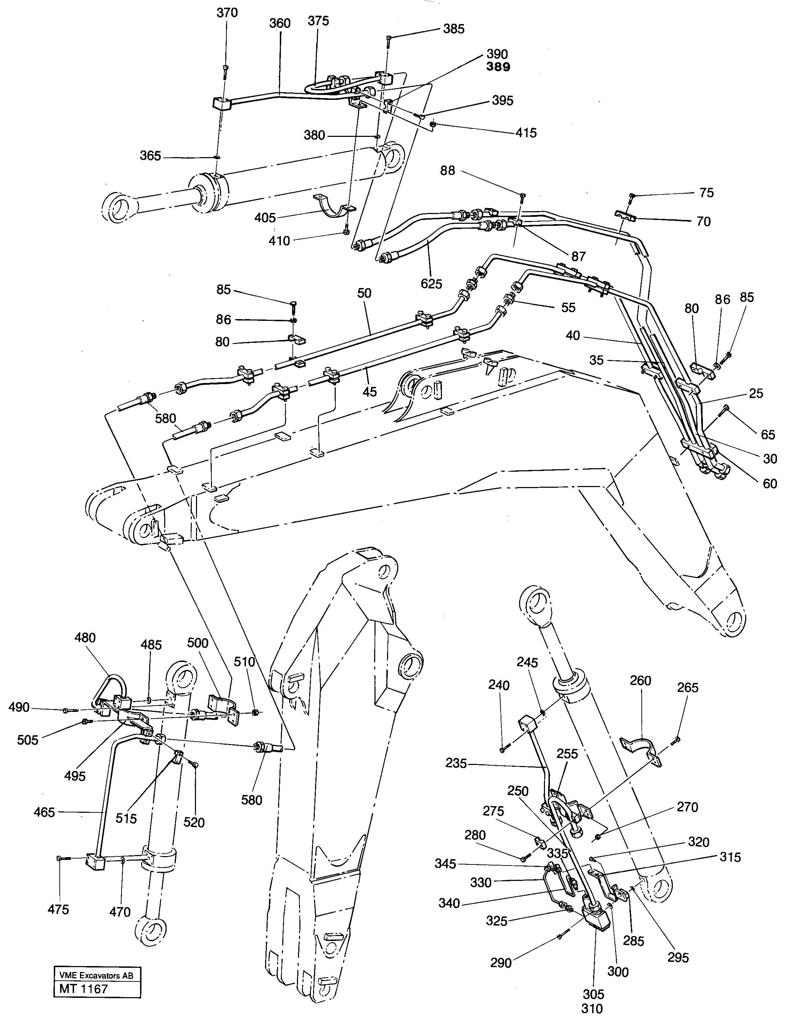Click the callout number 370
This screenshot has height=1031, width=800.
pos(227,13)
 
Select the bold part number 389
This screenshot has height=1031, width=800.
pos(498,67)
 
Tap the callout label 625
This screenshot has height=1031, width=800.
pos(431,284)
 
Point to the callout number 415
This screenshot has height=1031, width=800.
pos(526,133)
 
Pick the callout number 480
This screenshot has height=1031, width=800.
pos(85,638)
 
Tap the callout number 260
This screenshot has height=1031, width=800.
pos(640,681)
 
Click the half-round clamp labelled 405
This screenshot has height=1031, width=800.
pos(333,206)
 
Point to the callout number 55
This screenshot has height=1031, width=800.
pos(568,308)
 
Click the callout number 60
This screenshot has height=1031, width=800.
pos(770,484)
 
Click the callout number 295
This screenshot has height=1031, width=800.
pos(678,957)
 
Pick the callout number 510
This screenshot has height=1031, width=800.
pos(245,662)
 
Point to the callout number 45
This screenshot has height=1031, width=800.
pos(369,391)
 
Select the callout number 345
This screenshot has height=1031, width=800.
pos(445,864)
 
